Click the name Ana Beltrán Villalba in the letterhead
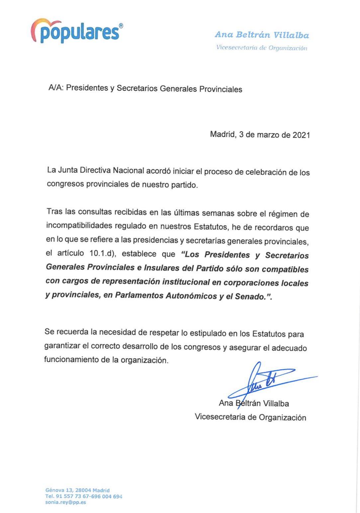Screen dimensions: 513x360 tap(262, 35)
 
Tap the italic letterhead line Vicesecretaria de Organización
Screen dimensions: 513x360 tap(262, 47)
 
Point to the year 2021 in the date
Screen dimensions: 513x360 tap(301, 135)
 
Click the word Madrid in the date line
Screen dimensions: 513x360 tap(223, 134)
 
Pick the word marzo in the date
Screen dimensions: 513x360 tap(268, 135)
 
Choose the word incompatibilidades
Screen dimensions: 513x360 tap(79, 225)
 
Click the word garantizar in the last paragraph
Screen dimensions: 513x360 tap(62, 346)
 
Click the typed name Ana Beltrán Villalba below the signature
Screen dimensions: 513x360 tap(254, 403)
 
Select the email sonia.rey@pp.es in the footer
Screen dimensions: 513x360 tap(66, 502)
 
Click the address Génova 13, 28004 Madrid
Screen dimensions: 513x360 tap(77, 490)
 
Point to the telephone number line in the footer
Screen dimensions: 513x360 tap(84, 496)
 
